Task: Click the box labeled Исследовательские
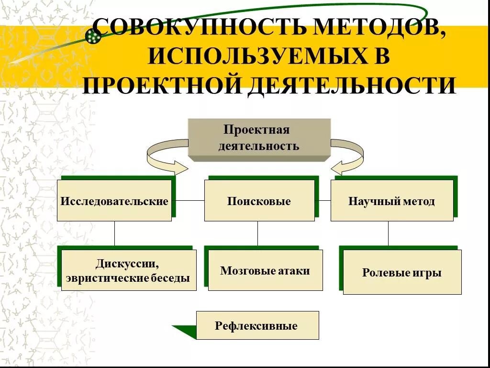(x=114, y=201)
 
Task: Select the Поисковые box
(x=259, y=201)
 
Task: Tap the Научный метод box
(x=391, y=201)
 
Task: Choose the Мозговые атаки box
(x=265, y=271)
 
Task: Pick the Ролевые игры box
(x=402, y=273)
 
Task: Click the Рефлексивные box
(x=257, y=326)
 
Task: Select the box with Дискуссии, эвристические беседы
(x=129, y=271)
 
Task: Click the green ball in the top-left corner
(x=92, y=36)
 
